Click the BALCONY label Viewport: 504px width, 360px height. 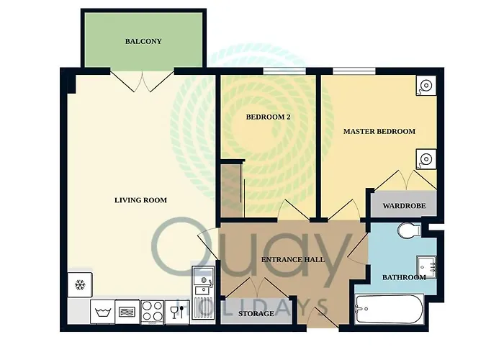tap(143, 41)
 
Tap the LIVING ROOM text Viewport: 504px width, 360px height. tap(141, 200)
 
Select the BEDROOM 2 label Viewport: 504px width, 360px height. tap(268, 117)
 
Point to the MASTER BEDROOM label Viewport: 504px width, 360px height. tap(379, 131)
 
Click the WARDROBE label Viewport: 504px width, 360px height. tap(404, 206)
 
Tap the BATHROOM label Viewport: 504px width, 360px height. tap(404, 277)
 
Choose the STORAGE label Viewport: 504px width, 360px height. tap(256, 313)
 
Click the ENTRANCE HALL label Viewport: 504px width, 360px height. tap(293, 259)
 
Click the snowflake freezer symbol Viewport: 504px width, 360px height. tap(80, 285)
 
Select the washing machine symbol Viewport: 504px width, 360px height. tap(102, 312)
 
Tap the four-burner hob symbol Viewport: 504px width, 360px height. tap(153, 312)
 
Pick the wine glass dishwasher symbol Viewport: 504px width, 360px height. tap(177, 312)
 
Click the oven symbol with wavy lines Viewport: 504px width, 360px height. tap(127, 312)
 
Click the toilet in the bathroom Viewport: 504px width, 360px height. tap(409, 230)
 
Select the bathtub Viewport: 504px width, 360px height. tap(390, 309)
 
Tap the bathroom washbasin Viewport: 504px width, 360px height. tap(426, 267)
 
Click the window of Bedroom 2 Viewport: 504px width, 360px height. tap(284, 71)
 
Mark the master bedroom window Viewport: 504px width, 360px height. tap(354, 71)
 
